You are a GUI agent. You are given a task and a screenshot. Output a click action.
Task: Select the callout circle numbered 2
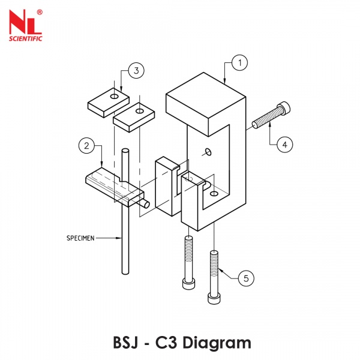87,146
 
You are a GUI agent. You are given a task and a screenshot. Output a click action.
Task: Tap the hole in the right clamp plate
140,111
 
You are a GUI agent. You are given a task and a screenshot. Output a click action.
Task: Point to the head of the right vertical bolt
213,297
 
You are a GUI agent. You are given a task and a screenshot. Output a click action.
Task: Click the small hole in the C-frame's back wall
207,151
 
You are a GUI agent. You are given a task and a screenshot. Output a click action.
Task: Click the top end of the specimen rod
125,150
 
